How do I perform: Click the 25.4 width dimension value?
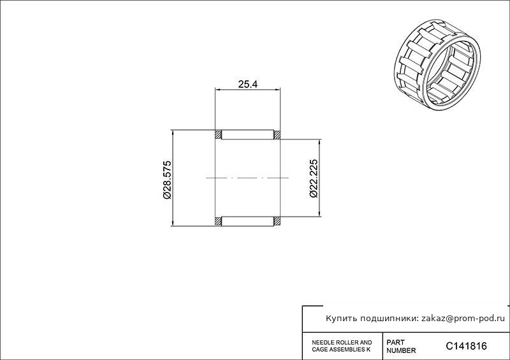tap(248, 84)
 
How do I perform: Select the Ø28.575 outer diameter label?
tap(166, 180)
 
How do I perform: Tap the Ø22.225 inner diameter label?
tap(314, 178)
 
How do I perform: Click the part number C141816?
tap(466, 346)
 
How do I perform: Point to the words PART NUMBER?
tap(401, 347)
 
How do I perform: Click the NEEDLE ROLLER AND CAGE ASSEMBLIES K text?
tap(342, 346)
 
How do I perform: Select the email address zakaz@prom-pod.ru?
tap(463, 319)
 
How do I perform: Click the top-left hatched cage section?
tap(218, 134)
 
